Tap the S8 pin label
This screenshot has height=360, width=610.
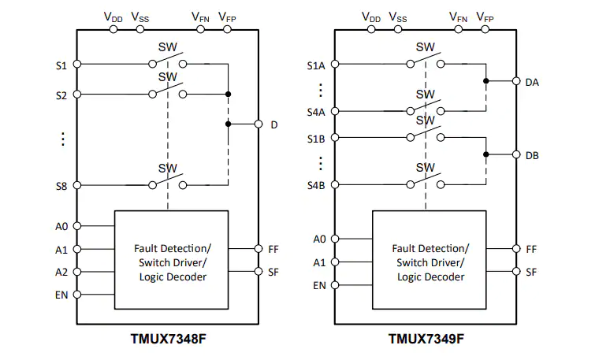(x=61, y=187)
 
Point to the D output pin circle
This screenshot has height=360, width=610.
(x=258, y=124)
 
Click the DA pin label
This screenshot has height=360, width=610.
(x=532, y=81)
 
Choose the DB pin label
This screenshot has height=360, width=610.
(x=532, y=155)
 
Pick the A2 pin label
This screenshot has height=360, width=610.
(x=61, y=272)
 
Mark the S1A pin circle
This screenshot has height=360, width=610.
(x=335, y=65)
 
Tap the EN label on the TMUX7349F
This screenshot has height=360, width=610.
(x=319, y=285)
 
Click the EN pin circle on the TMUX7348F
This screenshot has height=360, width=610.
(x=77, y=295)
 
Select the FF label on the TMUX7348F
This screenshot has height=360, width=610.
(x=273, y=248)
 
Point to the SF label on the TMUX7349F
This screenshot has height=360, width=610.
(x=531, y=272)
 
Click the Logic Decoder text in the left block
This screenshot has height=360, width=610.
(x=172, y=276)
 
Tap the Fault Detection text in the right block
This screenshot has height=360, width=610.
(x=430, y=248)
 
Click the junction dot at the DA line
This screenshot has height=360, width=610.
(x=486, y=81)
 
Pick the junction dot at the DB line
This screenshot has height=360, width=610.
(x=486, y=155)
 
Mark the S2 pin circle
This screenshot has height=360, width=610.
(x=77, y=95)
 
